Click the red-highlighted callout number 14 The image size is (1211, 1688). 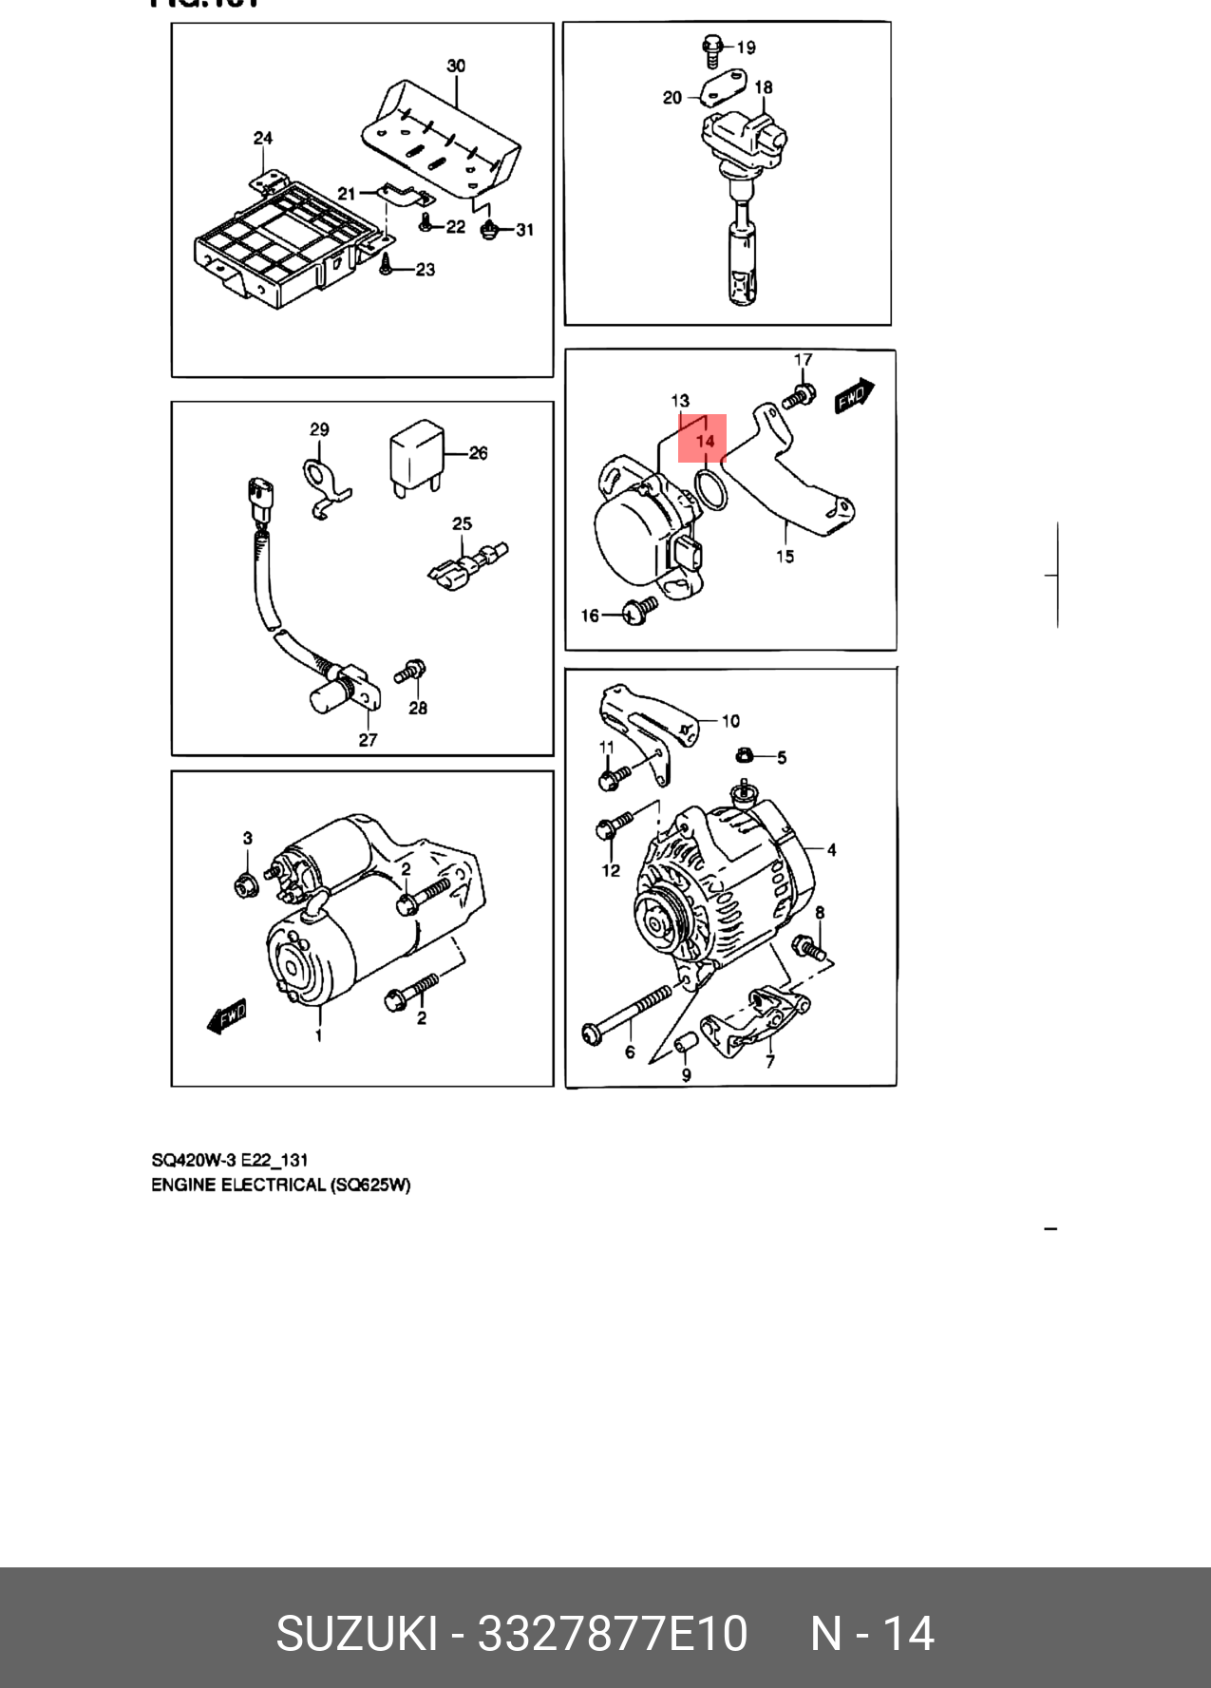704,441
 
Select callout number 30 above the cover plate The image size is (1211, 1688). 456,66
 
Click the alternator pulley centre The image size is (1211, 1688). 657,921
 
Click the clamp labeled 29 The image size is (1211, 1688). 323,484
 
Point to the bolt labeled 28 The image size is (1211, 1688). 411,671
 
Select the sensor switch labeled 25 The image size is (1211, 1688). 465,567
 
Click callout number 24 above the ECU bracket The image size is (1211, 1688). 263,138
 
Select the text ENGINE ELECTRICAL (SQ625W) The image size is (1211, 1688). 281,1185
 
